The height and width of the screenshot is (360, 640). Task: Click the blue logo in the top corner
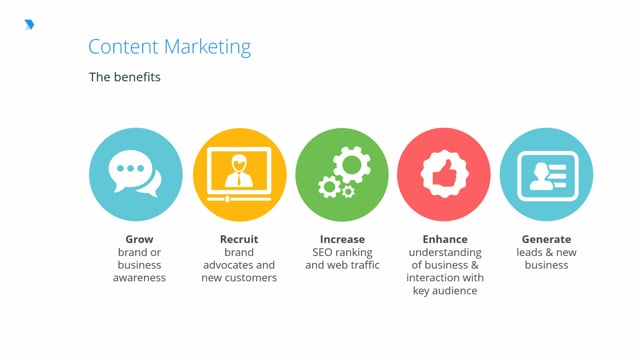pyautogui.click(x=29, y=24)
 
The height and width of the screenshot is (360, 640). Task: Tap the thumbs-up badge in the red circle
pyautogui.click(x=443, y=174)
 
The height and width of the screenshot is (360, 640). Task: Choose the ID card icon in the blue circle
pyautogui.click(x=546, y=174)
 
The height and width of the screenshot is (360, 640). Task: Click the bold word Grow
pyautogui.click(x=139, y=240)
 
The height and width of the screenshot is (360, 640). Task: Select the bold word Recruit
pyautogui.click(x=239, y=240)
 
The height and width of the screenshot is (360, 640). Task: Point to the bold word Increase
pyautogui.click(x=342, y=240)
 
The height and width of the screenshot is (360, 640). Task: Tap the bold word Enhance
pyautogui.click(x=444, y=240)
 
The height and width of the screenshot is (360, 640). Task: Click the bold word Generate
pyautogui.click(x=546, y=240)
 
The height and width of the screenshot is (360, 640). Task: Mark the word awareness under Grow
pyautogui.click(x=139, y=278)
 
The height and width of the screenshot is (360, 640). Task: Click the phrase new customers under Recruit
pyautogui.click(x=239, y=278)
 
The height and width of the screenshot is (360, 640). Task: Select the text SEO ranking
pyautogui.click(x=342, y=253)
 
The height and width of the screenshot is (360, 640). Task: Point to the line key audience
pyautogui.click(x=444, y=291)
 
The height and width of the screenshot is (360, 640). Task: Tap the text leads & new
pyautogui.click(x=546, y=253)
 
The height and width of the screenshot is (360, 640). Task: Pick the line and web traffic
pyautogui.click(x=342, y=266)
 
